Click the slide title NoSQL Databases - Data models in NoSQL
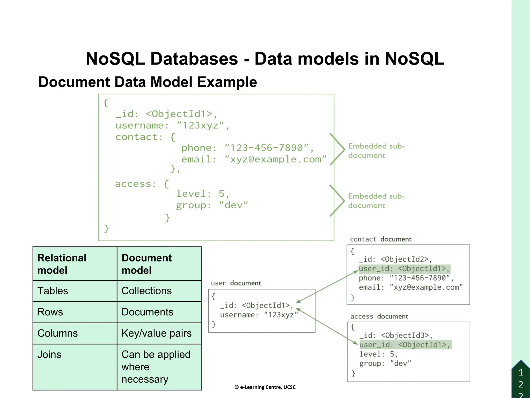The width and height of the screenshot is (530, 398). (x=265, y=59)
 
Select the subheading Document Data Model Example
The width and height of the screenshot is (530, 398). (x=148, y=82)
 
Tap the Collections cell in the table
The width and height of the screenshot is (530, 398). (x=146, y=291)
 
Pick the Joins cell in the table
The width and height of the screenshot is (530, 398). (x=49, y=354)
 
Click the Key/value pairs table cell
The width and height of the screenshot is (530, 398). (x=157, y=333)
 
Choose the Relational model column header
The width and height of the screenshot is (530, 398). (x=62, y=264)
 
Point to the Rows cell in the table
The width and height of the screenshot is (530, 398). (x=50, y=312)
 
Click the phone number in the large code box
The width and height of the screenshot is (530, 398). (x=267, y=148)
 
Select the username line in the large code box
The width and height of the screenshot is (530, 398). (x=172, y=126)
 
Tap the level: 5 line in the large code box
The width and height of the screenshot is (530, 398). (x=202, y=194)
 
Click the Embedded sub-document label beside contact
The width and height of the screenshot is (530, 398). (x=376, y=151)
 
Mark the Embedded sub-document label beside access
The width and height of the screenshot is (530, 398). (x=376, y=201)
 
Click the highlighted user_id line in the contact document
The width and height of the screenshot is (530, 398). (x=404, y=269)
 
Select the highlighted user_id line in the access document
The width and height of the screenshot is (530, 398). (x=405, y=345)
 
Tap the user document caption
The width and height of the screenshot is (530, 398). (x=236, y=283)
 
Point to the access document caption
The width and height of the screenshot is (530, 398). (x=379, y=316)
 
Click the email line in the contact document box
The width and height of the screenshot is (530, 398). (x=410, y=287)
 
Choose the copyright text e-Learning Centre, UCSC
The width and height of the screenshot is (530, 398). (x=265, y=387)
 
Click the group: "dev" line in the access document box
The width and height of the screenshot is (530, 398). (x=385, y=364)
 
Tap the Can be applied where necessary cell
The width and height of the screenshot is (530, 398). (x=156, y=367)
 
